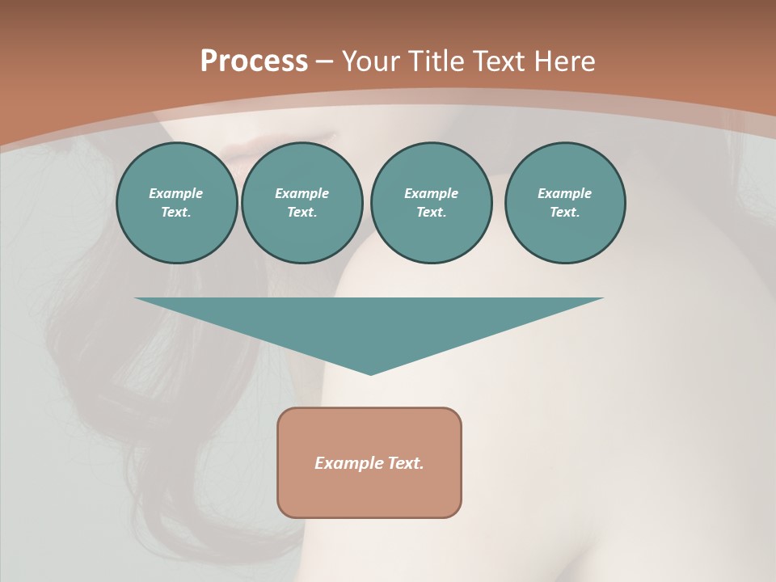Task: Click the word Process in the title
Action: [254, 61]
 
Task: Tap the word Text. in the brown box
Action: [405, 463]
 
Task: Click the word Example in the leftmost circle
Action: [176, 193]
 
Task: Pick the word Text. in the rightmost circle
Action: [564, 212]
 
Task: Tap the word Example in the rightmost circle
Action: [564, 193]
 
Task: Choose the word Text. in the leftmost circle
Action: [176, 212]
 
